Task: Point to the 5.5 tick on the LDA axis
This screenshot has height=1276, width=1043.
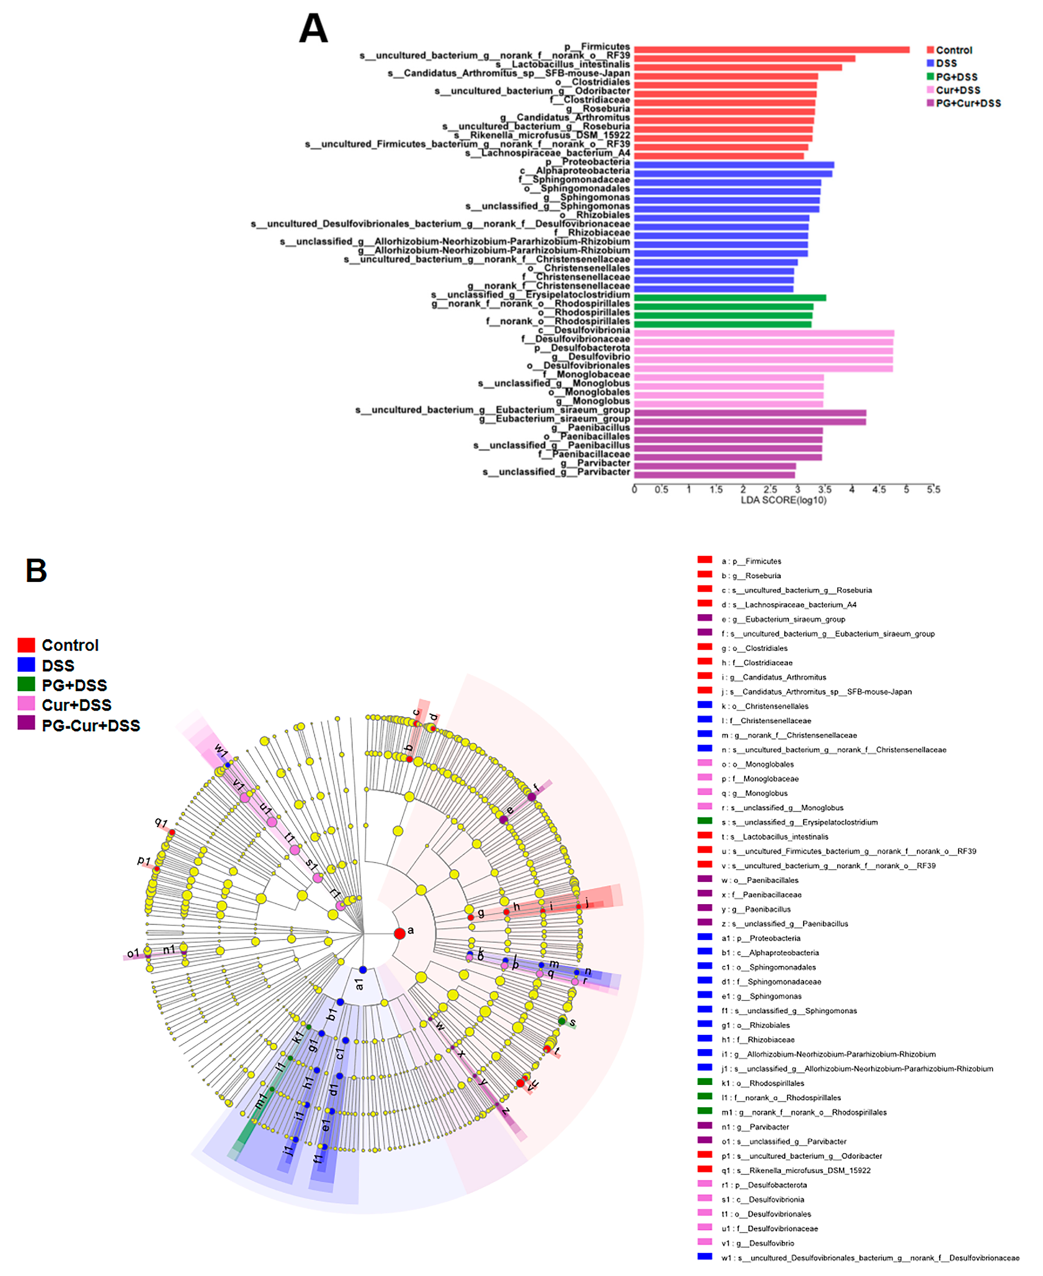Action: [933, 490]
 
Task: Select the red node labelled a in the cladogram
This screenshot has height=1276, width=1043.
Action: [400, 933]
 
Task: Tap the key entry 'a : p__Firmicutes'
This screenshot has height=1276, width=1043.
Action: [751, 561]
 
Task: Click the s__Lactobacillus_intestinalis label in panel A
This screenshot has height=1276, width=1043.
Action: [562, 64]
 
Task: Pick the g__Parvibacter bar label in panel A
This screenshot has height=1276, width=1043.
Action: [595, 463]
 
